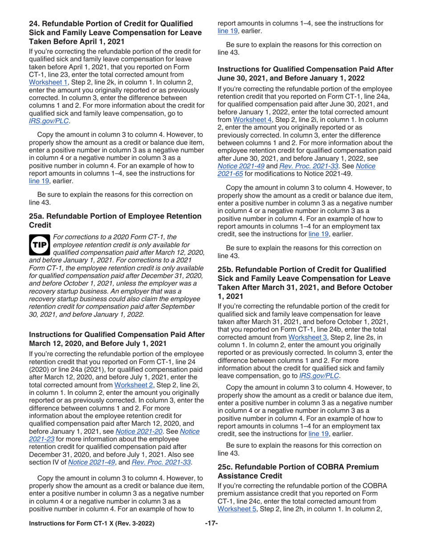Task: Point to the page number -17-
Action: point(211,535)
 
